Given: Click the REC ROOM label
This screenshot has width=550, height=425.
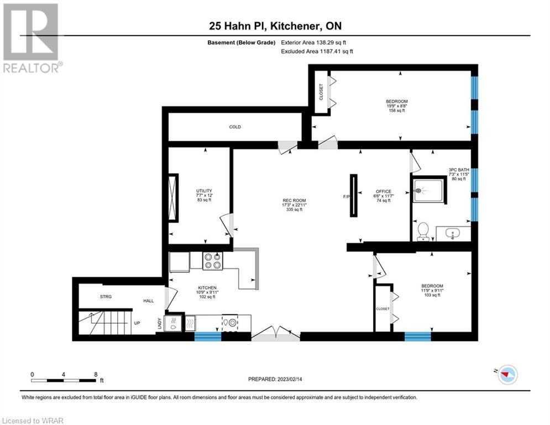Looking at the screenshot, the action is coord(294,200).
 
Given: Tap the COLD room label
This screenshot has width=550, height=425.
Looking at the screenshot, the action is coord(235,127).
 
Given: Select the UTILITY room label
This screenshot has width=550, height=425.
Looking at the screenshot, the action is coord(204,191).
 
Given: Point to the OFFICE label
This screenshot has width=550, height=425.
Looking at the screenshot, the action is coord(384,191).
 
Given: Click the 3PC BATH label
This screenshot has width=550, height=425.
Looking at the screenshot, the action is coord(459,170).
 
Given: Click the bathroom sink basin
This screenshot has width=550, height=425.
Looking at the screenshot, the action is coord(453,233).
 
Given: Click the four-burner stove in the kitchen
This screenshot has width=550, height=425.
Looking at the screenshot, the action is coord(213,261).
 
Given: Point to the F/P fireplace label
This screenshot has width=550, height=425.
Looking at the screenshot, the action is coord(346,196).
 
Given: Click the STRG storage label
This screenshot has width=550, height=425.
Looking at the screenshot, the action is coord(106,297).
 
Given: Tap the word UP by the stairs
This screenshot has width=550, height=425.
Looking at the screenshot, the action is coord(137,323).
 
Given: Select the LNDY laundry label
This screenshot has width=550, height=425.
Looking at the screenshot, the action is coord(160,324).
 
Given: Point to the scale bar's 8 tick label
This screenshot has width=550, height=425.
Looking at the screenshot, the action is coord(96,375).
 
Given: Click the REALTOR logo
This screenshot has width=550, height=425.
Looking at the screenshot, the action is coord(31,38).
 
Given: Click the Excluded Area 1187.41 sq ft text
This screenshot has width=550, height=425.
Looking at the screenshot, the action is coord(317,51).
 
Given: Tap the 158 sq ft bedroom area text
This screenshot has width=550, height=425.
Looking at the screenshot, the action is coord(397,110).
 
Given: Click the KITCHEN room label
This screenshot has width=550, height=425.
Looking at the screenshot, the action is coord(207,288).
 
